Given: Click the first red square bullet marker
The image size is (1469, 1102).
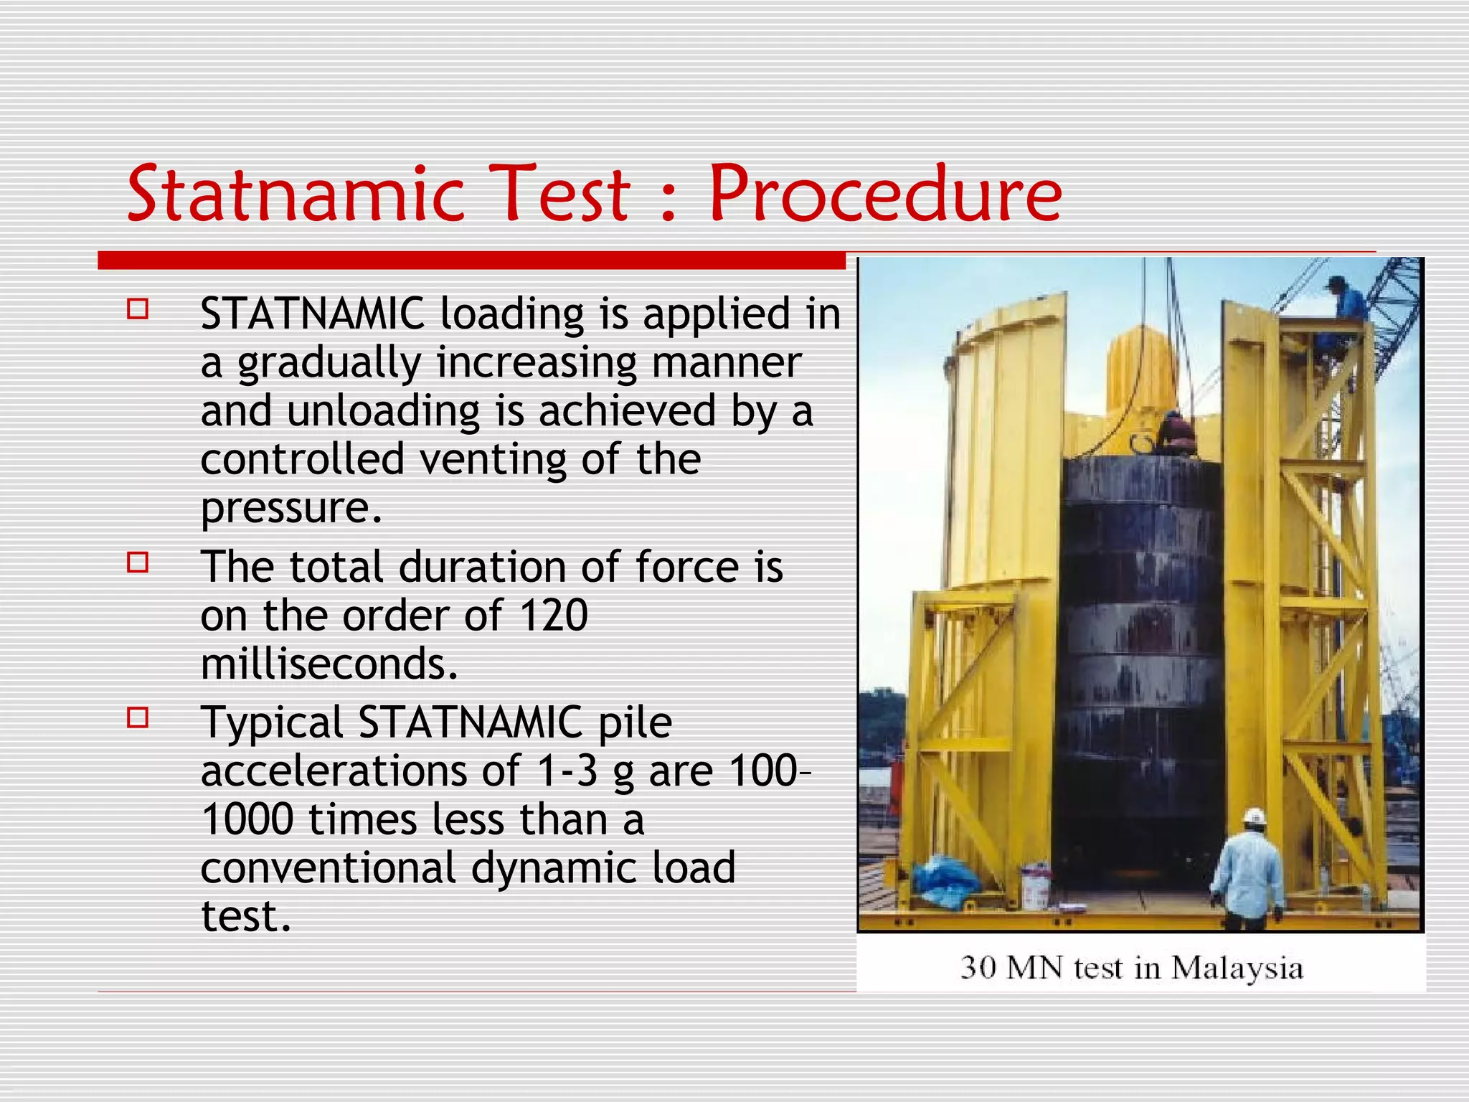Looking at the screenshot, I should point(138,309).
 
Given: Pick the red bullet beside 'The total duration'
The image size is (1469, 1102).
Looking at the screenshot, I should point(138,562).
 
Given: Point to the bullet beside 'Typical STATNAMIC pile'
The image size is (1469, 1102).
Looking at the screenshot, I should point(138,717).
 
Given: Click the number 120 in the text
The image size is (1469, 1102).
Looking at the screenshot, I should point(553,616).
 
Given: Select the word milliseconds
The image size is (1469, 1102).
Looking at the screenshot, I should point(329,664).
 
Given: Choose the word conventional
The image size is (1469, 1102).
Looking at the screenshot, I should point(328,867).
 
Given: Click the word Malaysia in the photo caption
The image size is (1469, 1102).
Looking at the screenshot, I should point(1237,969).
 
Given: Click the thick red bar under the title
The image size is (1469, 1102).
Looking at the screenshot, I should point(471,260).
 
